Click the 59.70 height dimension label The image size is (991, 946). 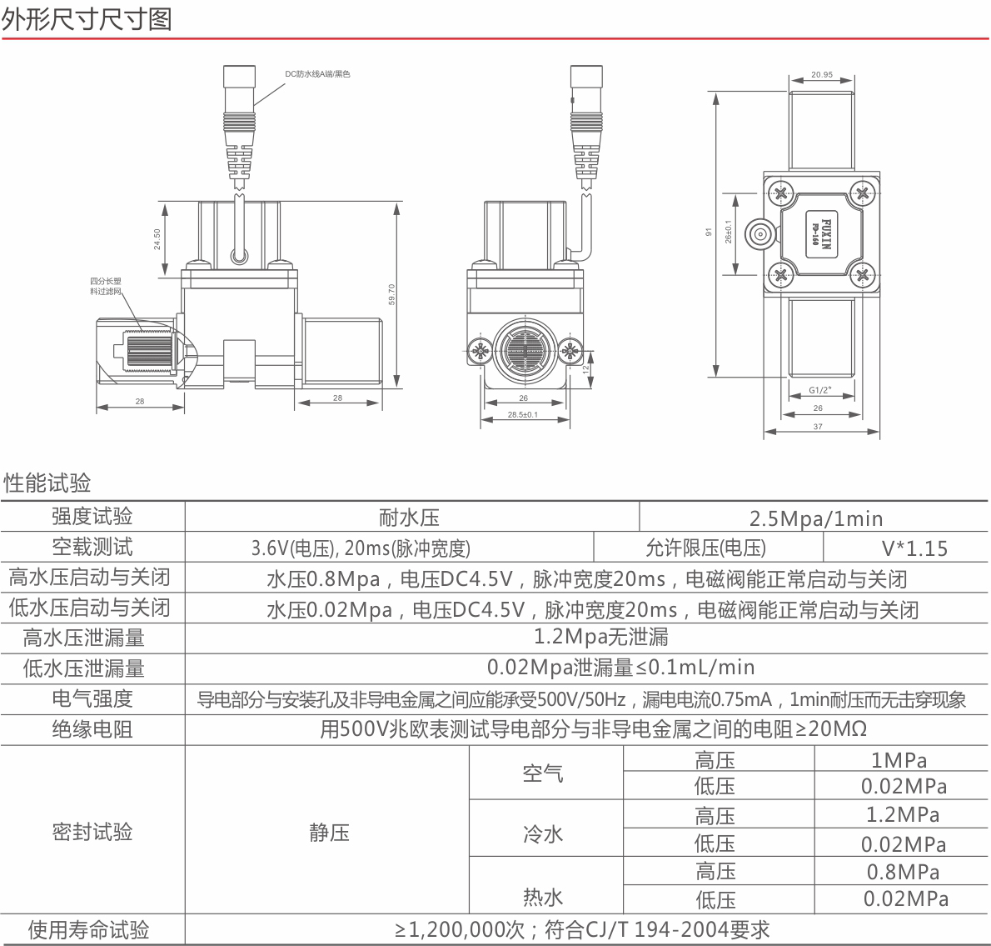391,294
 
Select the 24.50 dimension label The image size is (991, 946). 157,238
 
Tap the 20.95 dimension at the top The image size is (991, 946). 822,75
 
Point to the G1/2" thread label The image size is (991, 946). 819,390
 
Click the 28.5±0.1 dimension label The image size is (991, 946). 523,415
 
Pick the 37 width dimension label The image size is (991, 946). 818,426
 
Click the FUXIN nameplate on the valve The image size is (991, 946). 822,234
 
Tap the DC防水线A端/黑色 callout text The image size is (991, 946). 317,74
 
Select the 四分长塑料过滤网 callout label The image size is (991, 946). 105,286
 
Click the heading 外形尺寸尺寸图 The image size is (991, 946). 87,19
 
